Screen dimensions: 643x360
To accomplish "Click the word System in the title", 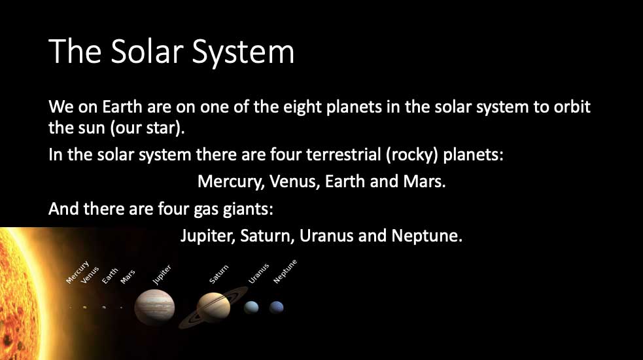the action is [243, 52].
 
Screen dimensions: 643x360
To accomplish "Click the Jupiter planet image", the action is [154, 307].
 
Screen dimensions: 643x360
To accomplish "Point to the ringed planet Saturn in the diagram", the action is [213, 308].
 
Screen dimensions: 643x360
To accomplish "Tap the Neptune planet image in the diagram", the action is [277, 308].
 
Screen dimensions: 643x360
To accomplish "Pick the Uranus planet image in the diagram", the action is [251, 308].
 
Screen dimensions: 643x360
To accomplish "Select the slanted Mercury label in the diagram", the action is [77, 272].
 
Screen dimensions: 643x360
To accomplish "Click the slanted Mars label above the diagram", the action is [128, 277].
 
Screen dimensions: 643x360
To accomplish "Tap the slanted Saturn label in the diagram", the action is [218, 274].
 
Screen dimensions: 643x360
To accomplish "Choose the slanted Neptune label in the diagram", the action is [285, 272].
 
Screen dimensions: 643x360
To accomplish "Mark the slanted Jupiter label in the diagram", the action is [162, 275].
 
